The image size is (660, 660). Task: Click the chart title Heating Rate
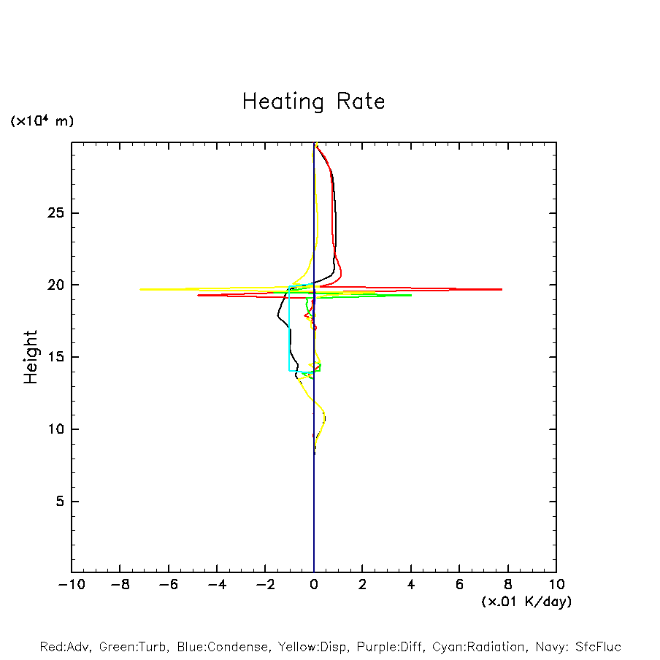coord(313,101)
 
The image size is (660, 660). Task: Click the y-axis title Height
coord(31,357)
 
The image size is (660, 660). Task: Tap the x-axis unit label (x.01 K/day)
coord(526,602)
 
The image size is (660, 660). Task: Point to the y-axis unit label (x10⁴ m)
coord(42,121)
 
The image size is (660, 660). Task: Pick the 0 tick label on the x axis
coord(314,585)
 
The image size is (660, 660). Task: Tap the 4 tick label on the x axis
coord(411,585)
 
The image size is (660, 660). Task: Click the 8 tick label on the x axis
coord(508,585)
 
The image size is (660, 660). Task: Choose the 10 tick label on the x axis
coord(556,585)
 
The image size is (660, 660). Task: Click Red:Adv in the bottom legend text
coord(63,647)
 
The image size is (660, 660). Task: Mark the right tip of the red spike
coord(502,289)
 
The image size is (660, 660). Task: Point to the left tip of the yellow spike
coord(140,289)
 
